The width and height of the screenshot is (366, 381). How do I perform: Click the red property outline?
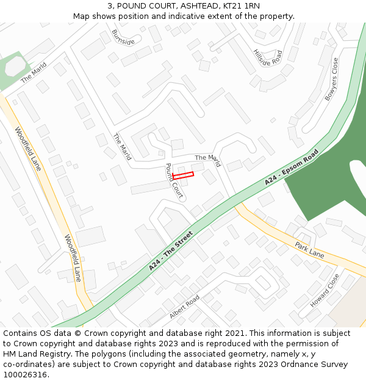click(x=183, y=176)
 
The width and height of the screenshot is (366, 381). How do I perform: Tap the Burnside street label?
click(x=123, y=37)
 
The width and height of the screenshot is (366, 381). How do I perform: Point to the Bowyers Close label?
click(x=331, y=79)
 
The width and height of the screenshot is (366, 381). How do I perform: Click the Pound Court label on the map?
click(x=174, y=181)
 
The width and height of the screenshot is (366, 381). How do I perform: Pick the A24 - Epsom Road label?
click(x=292, y=168)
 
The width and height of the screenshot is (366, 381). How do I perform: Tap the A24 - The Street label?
click(x=171, y=251)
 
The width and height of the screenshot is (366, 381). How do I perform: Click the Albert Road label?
click(x=184, y=307)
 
